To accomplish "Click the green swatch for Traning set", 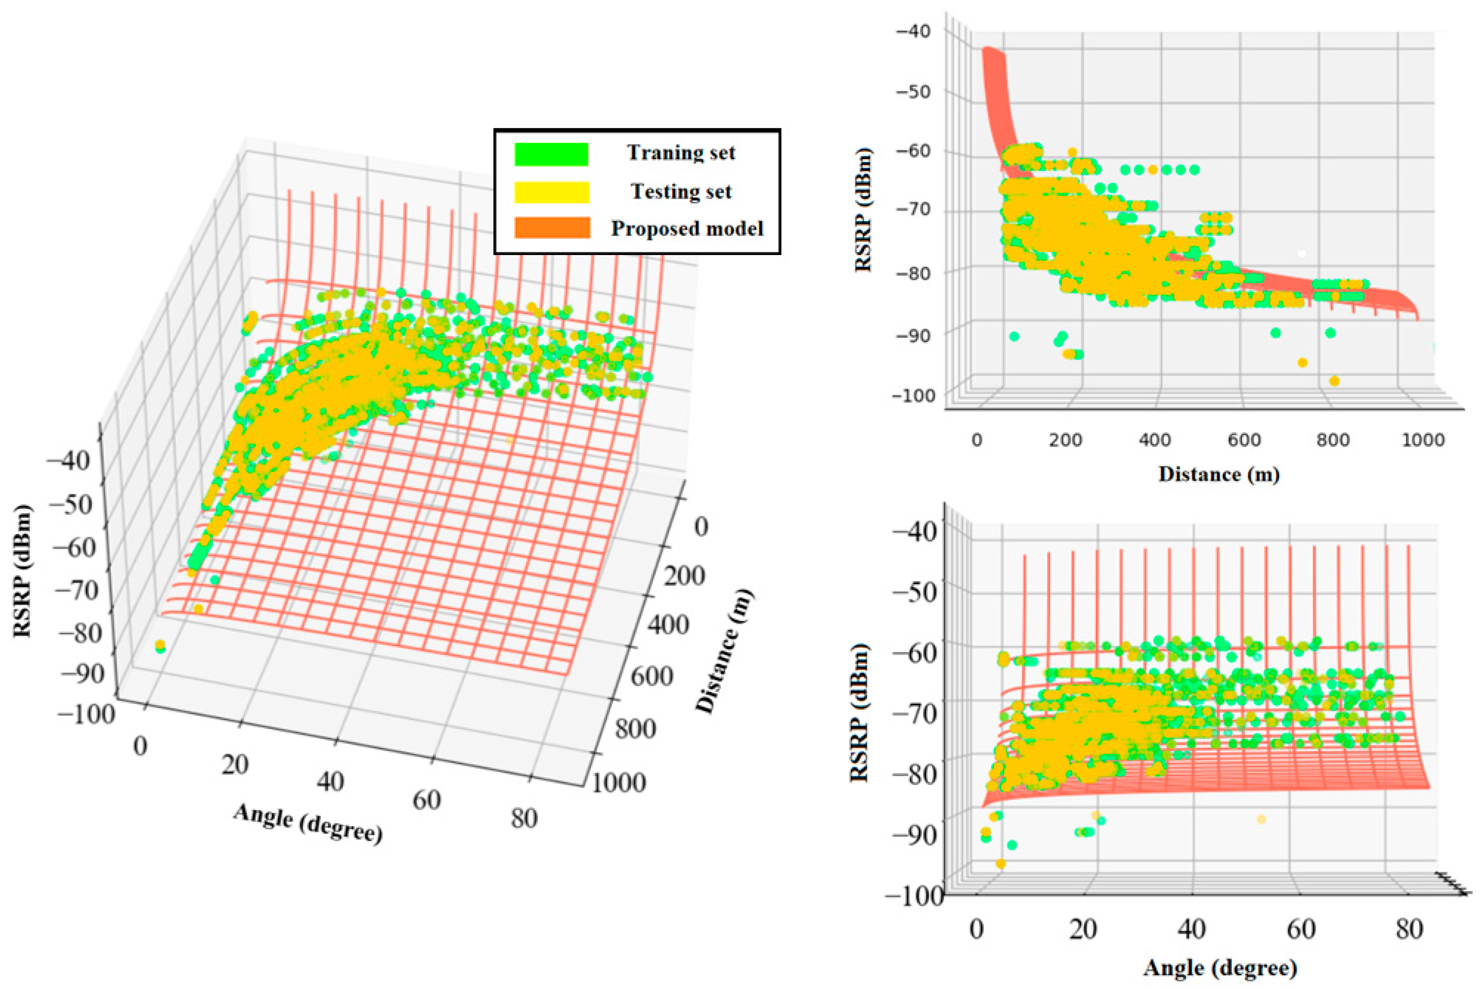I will pyautogui.click(x=552, y=154).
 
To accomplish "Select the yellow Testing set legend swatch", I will pyautogui.click(x=552, y=192).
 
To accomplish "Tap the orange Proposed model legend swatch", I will pyautogui.click(x=552, y=228).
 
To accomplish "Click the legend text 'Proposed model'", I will pyautogui.click(x=686, y=228).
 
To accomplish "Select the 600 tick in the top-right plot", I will pyautogui.click(x=1244, y=440).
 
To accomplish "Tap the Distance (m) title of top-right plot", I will pyautogui.click(x=1218, y=474).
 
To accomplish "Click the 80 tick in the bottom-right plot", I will pyautogui.click(x=1408, y=929).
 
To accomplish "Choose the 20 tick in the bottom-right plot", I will pyautogui.click(x=1083, y=929).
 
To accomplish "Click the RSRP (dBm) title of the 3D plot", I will pyautogui.click(x=23, y=571).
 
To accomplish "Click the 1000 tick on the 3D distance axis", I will pyautogui.click(x=619, y=783).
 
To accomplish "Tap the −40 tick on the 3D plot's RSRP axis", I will pyautogui.click(x=68, y=461).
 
